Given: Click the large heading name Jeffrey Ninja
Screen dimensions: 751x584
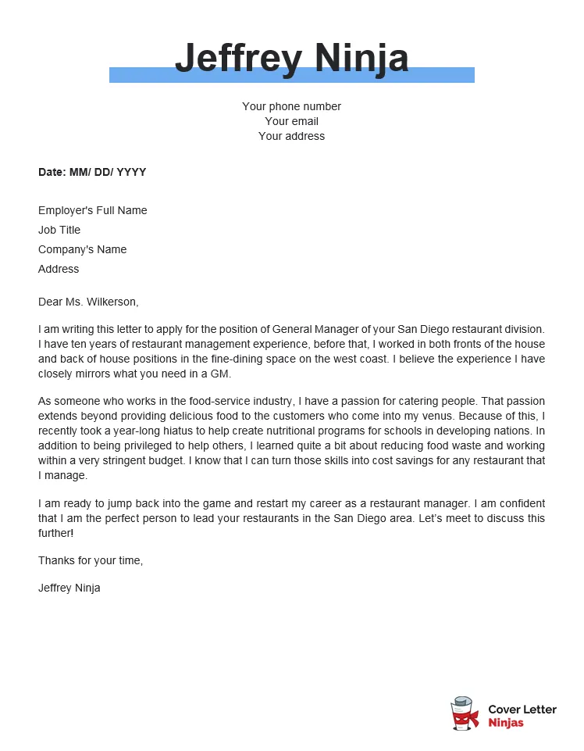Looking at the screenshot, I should click(x=291, y=58).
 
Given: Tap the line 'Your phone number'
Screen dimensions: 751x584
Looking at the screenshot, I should click(x=291, y=106).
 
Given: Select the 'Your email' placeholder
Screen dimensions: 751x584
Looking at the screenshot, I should click(x=291, y=121).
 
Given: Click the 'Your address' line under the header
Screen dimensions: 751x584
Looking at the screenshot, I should click(x=291, y=136).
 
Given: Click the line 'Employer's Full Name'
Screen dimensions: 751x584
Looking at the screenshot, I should click(x=92, y=210).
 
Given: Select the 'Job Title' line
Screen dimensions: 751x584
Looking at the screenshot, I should click(x=59, y=230).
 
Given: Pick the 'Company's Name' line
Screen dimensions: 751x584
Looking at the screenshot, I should click(x=82, y=249).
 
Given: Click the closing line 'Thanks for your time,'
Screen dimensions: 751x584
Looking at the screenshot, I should click(x=91, y=560).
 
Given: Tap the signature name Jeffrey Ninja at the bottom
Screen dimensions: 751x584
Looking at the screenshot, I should click(x=69, y=588).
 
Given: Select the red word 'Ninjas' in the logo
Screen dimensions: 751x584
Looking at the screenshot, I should click(x=506, y=723).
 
